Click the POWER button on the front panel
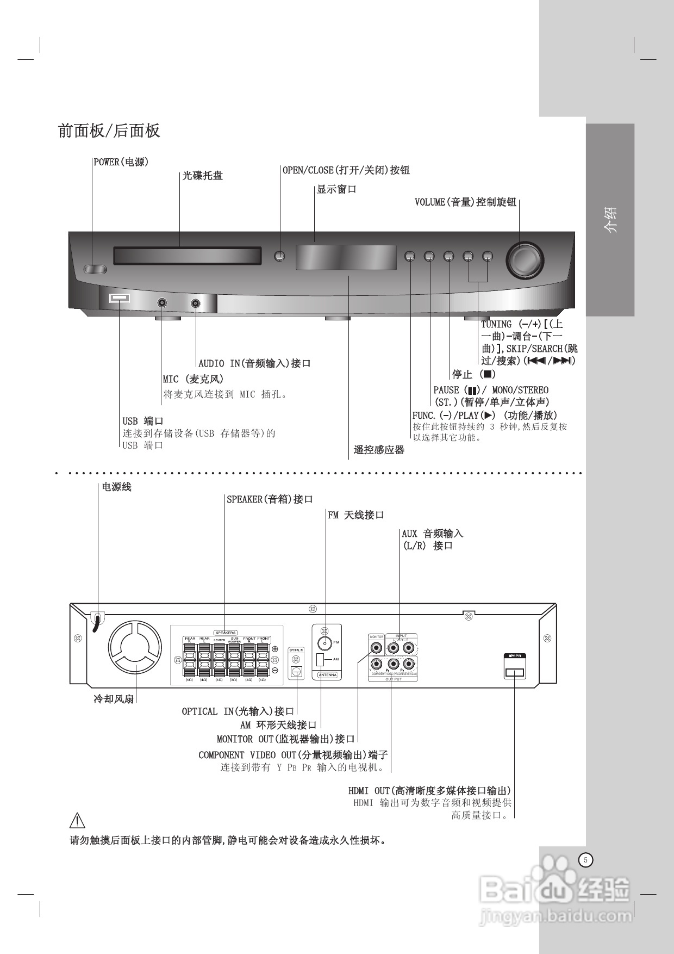pyautogui.click(x=96, y=269)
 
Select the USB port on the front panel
pyautogui.click(x=119, y=298)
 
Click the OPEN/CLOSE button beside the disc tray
pyautogui.click(x=279, y=256)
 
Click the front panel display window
pyautogui.click(x=346, y=258)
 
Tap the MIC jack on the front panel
pyautogui.click(x=162, y=303)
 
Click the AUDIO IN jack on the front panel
pyautogui.click(x=196, y=303)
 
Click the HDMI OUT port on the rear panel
pyautogui.click(x=514, y=673)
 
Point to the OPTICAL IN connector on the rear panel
pyautogui.click(x=296, y=671)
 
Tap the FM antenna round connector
pyautogui.click(x=324, y=643)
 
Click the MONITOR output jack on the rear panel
pyautogui.click(x=376, y=648)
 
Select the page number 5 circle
pyautogui.click(x=585, y=860)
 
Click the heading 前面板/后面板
pyautogui.click(x=109, y=131)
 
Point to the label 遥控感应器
pyautogui.click(x=379, y=450)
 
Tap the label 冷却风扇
pyautogui.click(x=114, y=699)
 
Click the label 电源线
pyautogui.click(x=116, y=487)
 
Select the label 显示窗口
pyautogui.click(x=336, y=189)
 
